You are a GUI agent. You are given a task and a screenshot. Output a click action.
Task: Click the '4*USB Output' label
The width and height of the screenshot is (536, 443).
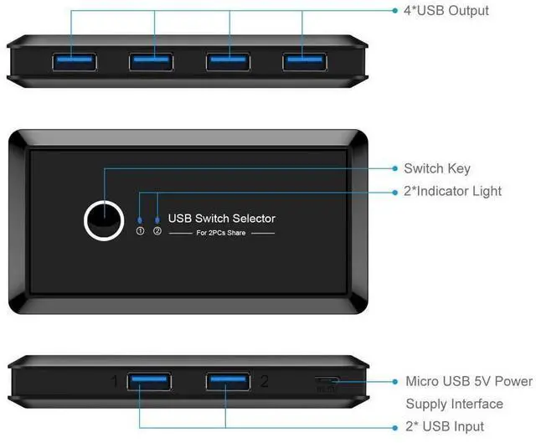446,11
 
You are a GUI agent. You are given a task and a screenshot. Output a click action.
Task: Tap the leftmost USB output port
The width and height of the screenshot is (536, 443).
72,60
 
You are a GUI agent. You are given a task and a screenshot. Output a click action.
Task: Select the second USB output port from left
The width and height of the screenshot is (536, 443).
152,60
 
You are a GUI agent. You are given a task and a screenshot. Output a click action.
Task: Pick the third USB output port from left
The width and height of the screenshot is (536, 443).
229,60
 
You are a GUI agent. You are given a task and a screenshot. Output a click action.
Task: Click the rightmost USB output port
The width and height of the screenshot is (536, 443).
305,60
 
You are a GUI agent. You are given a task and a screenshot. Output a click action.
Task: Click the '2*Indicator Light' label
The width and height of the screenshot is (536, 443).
452,191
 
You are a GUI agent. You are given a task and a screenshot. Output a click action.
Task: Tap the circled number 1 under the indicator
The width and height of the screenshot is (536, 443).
141,231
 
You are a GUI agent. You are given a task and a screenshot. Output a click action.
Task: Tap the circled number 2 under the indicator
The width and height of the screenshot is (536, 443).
157,231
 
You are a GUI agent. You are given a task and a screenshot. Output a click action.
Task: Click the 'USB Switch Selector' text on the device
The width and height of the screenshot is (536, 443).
222,219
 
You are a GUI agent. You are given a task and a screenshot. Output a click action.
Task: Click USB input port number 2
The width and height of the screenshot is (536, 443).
228,382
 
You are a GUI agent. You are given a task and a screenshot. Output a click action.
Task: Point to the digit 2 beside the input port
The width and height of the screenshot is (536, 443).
264,382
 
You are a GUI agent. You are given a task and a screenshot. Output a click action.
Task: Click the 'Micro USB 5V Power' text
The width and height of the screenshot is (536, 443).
469,382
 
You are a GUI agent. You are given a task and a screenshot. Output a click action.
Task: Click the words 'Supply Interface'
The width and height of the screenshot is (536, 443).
454,404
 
